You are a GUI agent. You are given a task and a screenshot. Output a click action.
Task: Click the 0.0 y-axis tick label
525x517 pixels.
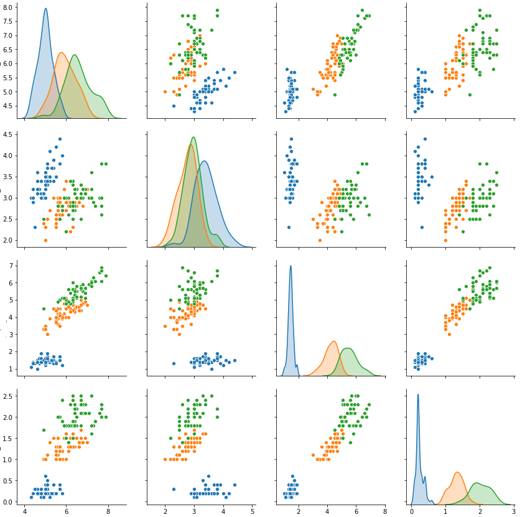click(x=10, y=501)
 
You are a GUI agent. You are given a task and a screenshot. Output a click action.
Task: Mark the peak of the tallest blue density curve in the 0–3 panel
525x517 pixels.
click(x=418, y=394)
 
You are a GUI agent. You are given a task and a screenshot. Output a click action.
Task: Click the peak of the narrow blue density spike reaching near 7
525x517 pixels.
click(x=290, y=266)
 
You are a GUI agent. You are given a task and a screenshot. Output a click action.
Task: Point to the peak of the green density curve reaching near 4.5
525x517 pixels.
click(x=193, y=137)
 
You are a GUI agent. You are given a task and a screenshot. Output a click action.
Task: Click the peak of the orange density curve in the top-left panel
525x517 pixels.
click(x=61, y=53)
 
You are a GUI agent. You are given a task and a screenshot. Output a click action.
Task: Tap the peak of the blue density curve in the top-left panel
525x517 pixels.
click(x=45, y=9)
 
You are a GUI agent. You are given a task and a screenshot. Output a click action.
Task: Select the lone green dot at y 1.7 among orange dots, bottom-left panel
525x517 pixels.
click(x=44, y=430)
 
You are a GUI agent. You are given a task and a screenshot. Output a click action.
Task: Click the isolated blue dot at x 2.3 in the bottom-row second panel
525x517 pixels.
click(x=174, y=489)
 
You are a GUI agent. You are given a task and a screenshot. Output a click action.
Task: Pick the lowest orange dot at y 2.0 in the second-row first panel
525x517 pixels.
click(x=45, y=240)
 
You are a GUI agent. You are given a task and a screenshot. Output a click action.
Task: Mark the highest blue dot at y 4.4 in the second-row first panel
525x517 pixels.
click(x=60, y=139)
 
